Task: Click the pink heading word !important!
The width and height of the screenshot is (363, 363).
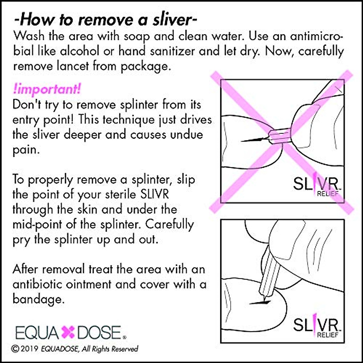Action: pyautogui.click(x=47, y=90)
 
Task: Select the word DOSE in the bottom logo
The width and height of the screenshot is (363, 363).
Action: pyautogui.click(x=99, y=332)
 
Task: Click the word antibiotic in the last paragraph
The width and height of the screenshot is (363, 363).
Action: pyautogui.click(x=43, y=284)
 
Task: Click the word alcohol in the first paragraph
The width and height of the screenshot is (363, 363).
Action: pyautogui.click(x=80, y=51)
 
